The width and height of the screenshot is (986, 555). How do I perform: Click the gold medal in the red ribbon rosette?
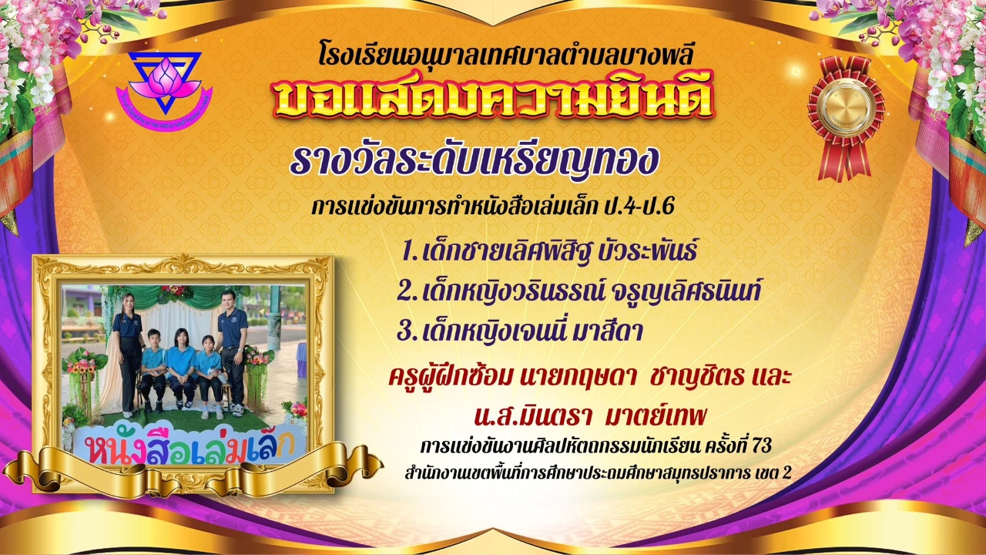tap(845, 106)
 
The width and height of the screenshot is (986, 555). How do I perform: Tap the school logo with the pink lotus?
tap(164, 91)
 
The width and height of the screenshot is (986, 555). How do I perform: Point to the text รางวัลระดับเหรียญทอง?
tap(475, 160)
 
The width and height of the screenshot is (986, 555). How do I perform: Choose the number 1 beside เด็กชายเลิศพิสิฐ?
tap(409, 251)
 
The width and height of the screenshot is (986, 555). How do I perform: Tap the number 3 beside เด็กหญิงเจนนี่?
tap(406, 331)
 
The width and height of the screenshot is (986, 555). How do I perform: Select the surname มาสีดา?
tap(608, 331)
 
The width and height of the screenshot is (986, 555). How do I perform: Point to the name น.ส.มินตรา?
tap(532, 415)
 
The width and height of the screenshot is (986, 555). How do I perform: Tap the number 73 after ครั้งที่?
tap(762, 446)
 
